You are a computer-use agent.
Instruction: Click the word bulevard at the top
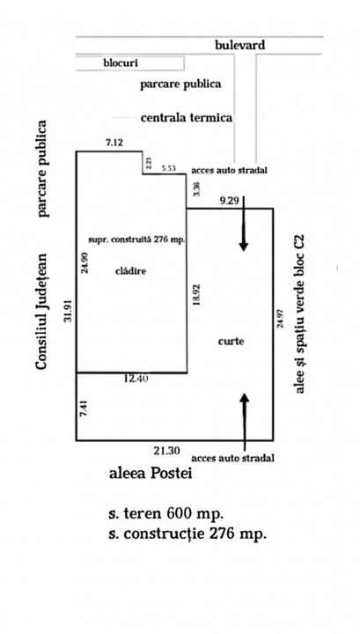point(239,45)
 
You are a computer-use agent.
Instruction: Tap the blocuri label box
point(129,63)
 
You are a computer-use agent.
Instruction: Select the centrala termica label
point(187,118)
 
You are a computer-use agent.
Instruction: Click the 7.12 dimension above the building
point(114,143)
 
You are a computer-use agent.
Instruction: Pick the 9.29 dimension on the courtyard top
point(228,200)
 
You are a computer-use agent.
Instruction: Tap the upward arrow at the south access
point(245,422)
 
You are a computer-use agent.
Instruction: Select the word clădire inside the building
point(131,271)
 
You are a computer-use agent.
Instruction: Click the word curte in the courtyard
point(231,342)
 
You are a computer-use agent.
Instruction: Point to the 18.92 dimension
point(197,294)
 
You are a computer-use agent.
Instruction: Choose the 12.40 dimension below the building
point(136,379)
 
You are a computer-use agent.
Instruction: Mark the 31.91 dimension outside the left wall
point(68,311)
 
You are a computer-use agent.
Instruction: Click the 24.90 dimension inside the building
point(84,262)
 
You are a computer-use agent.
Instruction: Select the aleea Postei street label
point(151,473)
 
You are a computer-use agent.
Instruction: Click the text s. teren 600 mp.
point(165,514)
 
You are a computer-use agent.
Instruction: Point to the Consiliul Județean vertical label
point(41,312)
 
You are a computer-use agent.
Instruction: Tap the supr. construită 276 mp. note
point(136,240)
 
